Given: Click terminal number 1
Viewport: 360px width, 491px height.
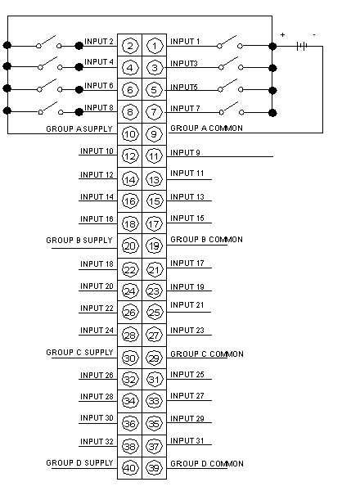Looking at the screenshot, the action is coord(154,46).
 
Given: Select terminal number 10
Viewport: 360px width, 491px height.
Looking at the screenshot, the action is coord(130,134).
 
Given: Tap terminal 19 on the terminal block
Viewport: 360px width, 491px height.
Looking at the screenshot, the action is coord(154,245).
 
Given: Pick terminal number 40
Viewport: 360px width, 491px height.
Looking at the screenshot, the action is coord(130,468).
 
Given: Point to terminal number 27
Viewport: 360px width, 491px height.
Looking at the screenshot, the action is coord(154,336).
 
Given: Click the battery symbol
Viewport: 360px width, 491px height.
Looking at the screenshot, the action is coord(302,47).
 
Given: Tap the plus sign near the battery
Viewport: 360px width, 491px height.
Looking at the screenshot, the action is coord(282,34).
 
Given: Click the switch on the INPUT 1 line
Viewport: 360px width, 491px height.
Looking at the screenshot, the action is coord(230,43).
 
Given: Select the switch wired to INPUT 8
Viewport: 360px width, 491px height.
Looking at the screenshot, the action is coord(51,109).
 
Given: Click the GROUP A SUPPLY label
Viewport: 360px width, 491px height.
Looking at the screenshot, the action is coord(79,128).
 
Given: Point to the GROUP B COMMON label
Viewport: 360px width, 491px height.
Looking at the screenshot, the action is coord(207,240).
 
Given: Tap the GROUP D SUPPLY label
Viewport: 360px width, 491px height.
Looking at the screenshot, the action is coord(79,463).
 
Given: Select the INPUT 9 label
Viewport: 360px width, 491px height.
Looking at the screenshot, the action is coord(185,152).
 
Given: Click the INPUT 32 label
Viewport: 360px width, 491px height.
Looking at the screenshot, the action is coord(97,442).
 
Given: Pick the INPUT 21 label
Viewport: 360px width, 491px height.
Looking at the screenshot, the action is coord(187,305).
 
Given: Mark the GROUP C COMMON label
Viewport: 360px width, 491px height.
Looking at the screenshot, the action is coord(207,354).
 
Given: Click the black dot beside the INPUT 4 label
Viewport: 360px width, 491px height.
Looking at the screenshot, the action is coord(79,67).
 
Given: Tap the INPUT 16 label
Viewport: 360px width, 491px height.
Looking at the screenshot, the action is coord(97,218).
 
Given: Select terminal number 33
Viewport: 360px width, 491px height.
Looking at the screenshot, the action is coord(154,401).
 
